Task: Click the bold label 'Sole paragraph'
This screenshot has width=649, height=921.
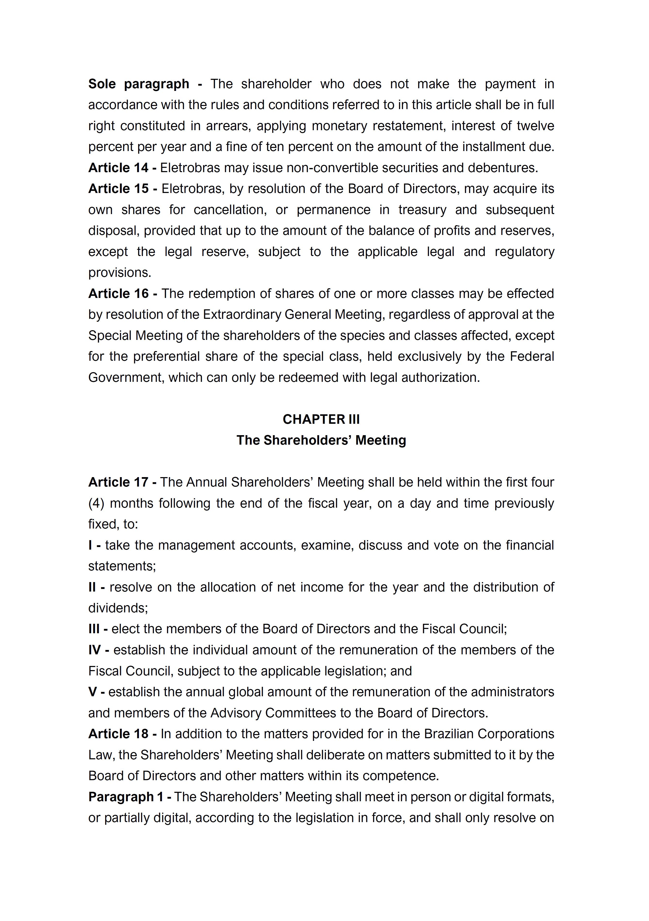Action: [x=138, y=84]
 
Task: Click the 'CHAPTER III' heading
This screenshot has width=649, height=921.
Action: [x=321, y=419]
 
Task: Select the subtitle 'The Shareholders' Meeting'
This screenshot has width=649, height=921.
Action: [x=321, y=440]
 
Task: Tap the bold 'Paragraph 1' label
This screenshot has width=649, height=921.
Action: [x=126, y=797]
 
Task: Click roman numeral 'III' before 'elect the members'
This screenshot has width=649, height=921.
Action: [x=94, y=629]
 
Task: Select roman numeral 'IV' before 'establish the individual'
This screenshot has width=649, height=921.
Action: [x=95, y=650]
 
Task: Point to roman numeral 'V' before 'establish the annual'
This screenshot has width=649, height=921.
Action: [x=92, y=692]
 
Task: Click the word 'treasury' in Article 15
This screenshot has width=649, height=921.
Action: [x=422, y=210]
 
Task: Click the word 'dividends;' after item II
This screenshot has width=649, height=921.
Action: [x=118, y=608]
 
